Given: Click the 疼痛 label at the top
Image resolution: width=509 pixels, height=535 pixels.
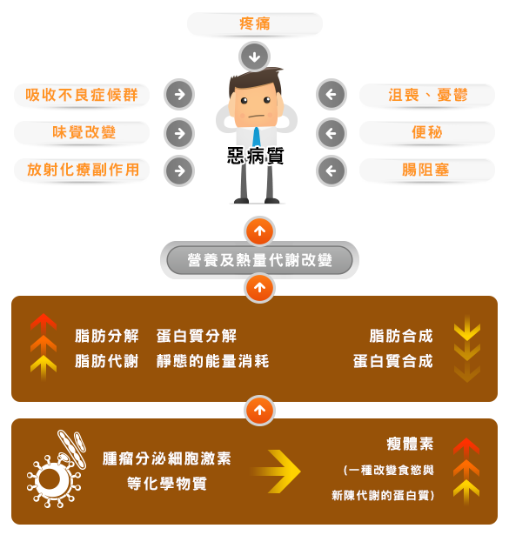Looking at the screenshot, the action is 254,23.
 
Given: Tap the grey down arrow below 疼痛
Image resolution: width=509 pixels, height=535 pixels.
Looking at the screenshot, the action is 254,57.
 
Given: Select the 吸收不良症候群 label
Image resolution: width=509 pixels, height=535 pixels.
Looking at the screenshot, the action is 82,95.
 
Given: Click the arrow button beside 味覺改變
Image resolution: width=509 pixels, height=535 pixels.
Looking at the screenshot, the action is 179,133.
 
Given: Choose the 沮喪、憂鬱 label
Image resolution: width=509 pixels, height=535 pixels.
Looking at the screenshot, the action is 427,95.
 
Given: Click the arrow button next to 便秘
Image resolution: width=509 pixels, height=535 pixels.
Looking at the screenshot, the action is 332,133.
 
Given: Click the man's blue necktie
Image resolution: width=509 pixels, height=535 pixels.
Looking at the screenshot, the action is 256,137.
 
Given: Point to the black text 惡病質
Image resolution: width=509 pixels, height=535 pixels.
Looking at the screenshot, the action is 256,156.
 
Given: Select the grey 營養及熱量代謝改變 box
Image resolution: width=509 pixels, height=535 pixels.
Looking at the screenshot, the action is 259,260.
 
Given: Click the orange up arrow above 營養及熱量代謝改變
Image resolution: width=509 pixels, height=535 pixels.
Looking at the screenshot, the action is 259,231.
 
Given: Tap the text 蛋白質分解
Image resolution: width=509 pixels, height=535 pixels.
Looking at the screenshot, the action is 197,336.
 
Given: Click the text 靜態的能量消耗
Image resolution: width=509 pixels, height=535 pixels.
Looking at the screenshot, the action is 213,361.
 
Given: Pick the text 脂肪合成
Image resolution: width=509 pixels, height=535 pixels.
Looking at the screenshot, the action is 401,336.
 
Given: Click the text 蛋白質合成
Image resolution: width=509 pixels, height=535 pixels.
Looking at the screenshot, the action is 393,361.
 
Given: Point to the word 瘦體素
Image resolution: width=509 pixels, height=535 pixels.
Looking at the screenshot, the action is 410,445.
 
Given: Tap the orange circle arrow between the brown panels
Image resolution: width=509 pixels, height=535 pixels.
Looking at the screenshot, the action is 259,411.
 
